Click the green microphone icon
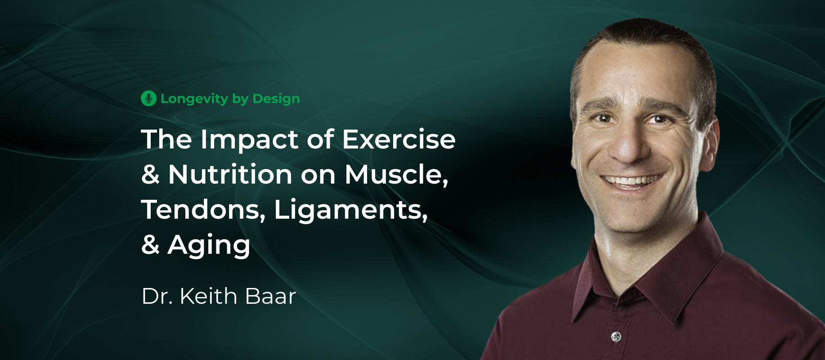point(148,99)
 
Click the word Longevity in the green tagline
point(194,99)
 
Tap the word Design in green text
point(276,99)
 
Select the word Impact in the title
point(249,140)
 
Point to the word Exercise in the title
point(399,139)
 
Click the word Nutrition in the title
point(230,175)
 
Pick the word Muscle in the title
point(396,175)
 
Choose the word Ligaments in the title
point(350,211)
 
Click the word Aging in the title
point(209,246)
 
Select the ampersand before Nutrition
point(151,175)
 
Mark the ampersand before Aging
point(151,245)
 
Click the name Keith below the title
point(208,296)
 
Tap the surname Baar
point(271,296)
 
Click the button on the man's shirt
point(616,336)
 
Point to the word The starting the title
point(167,139)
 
